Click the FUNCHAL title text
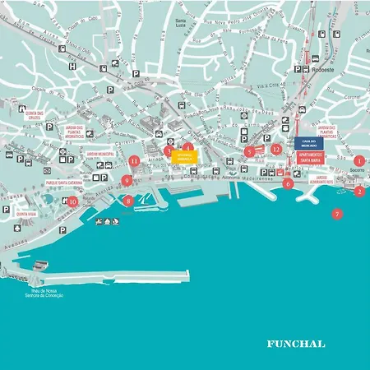coord(296,344)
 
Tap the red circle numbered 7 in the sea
coord(336,215)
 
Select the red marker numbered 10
coord(72,201)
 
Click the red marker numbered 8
coord(127,200)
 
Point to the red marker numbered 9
coord(126,180)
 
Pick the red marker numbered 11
coord(134,161)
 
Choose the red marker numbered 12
coord(277,150)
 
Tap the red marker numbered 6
coord(288,184)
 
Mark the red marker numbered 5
coord(250,151)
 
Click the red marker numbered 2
coord(359,192)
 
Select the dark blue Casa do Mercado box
coord(309,142)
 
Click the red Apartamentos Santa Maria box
coord(310,155)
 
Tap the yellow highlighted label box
coord(184,155)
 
